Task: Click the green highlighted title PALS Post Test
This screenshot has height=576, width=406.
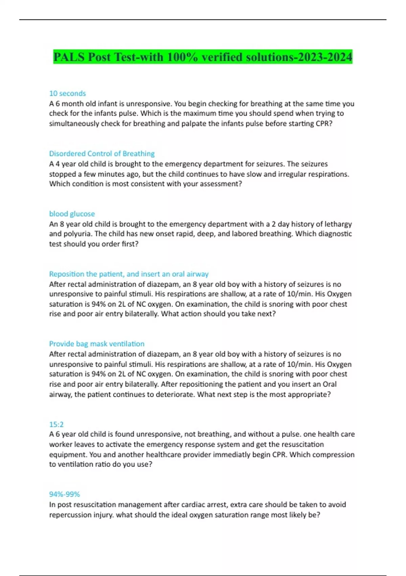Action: click(202, 57)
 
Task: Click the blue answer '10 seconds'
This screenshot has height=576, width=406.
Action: click(67, 94)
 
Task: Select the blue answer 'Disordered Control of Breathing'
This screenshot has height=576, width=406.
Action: click(102, 154)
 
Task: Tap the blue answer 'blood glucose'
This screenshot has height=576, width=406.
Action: click(72, 214)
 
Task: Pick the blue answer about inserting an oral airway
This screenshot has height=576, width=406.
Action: click(129, 274)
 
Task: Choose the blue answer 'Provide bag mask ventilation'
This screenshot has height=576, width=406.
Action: click(97, 344)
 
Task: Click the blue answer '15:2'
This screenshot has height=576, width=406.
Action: click(56, 424)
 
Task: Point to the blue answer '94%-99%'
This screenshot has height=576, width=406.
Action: click(64, 494)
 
